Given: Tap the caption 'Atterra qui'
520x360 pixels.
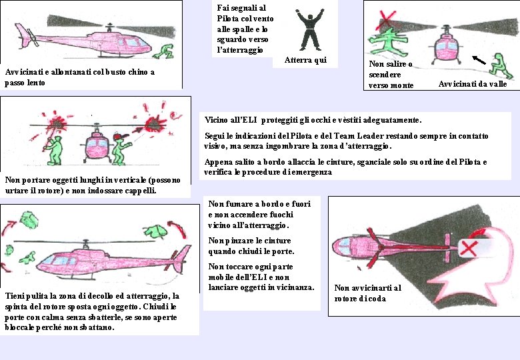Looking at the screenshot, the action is coord(305,61).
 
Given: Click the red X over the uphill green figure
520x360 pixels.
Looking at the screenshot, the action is coord(386,17).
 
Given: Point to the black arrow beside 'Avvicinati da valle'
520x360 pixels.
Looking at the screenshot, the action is coord(479,60).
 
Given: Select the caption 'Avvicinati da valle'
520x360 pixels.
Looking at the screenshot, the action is coord(473,84).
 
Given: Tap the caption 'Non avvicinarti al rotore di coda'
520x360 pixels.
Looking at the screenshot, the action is coord(367,293).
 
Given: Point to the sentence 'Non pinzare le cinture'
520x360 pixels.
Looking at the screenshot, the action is coord(251,241).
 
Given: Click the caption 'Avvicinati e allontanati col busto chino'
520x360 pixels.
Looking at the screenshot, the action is coord(79,73).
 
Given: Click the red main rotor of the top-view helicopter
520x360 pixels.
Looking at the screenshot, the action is coord(375,246).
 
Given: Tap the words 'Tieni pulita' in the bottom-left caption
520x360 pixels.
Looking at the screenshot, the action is coord(27,296).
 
